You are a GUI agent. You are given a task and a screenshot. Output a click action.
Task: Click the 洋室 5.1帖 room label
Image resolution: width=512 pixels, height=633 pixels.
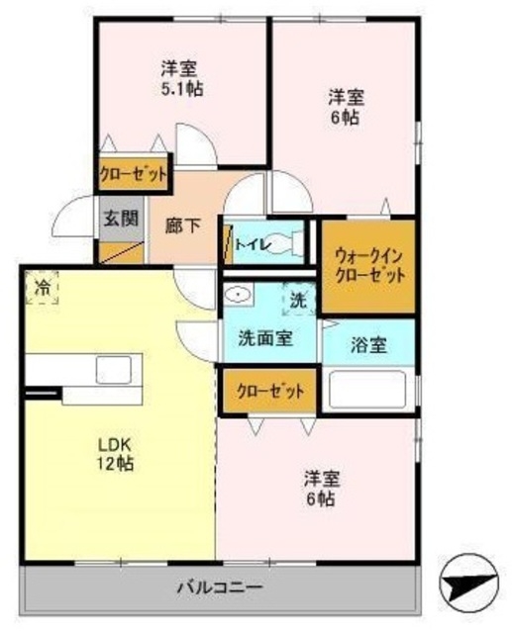pos(178,78)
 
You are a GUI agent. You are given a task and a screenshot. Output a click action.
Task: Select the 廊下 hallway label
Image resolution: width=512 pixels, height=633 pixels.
pos(181,226)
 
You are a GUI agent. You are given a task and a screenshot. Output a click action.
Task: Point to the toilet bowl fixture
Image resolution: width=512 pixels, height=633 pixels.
pos(294,240)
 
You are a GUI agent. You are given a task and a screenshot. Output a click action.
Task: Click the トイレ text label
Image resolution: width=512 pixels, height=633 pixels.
pos(249,240)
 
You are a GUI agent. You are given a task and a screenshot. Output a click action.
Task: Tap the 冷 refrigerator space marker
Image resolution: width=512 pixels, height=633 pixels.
pos(42,288)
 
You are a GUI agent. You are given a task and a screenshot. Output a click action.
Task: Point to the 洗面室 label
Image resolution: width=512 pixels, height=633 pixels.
pos(264,337)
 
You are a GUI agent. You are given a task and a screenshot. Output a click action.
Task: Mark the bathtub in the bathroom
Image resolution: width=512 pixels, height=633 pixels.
pos(368,389)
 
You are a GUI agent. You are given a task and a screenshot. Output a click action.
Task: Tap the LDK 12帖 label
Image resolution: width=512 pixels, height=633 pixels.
pos(116,453)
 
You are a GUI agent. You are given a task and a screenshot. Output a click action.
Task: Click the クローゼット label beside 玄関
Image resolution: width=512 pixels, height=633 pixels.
pos(132,175)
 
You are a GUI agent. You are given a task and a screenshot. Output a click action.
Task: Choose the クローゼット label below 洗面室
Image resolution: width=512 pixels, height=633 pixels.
pos(269,391)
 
